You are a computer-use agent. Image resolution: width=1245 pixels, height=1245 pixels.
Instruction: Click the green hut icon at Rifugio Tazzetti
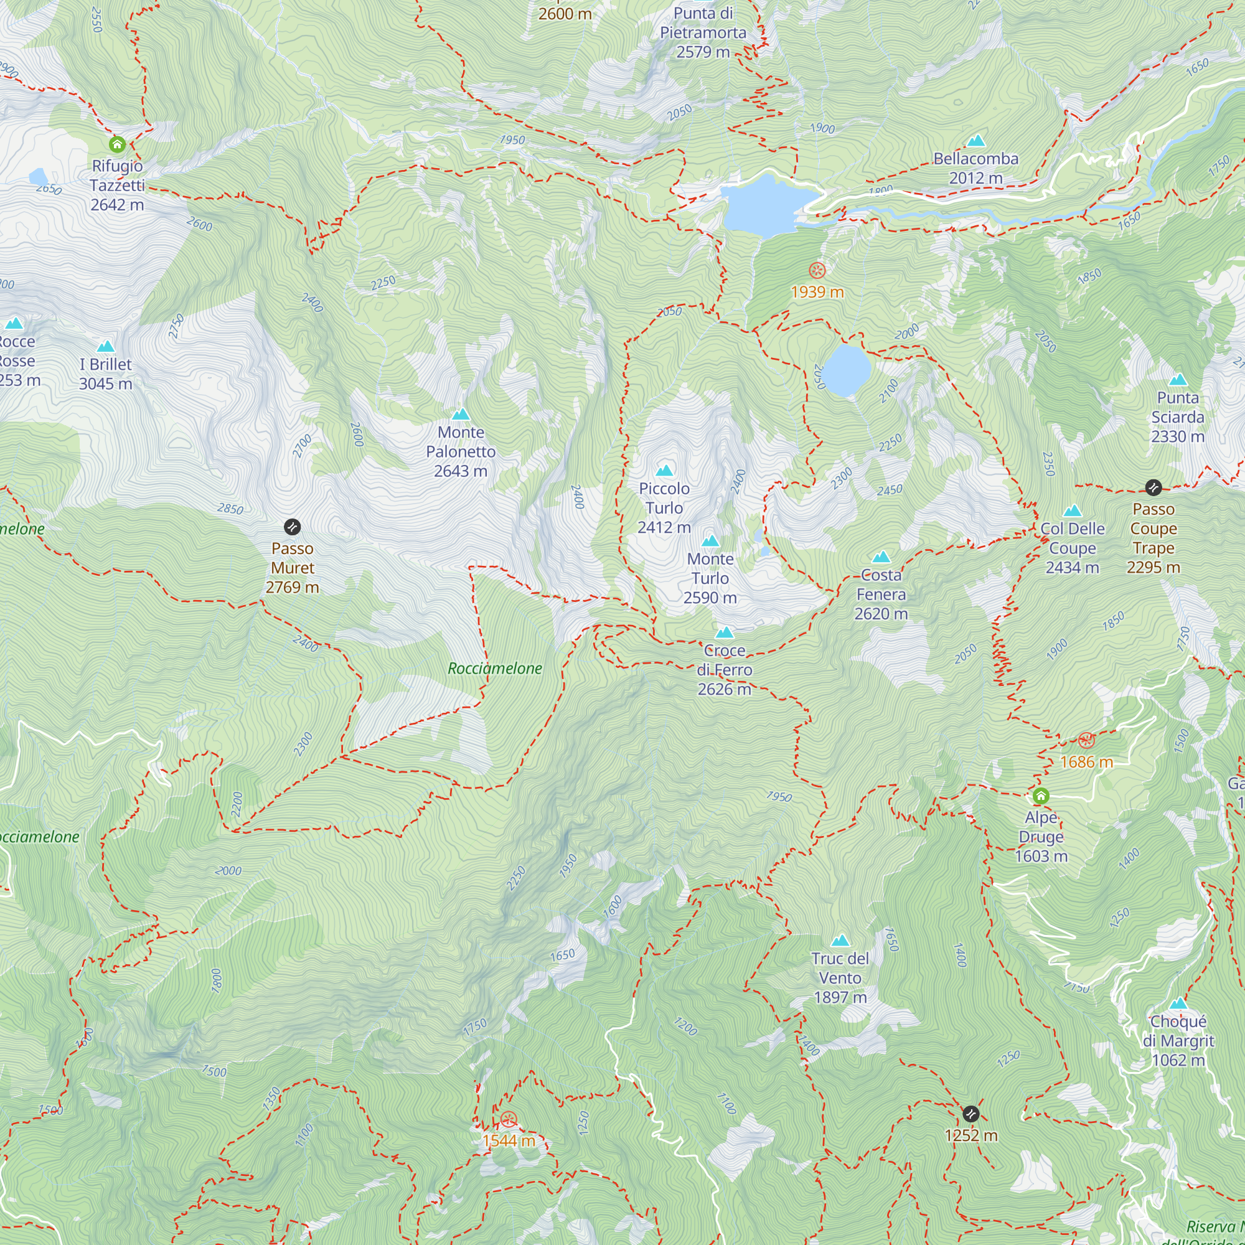pyautogui.click(x=116, y=144)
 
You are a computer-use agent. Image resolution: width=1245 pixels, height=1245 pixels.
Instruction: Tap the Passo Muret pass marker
pyautogui.click(x=292, y=527)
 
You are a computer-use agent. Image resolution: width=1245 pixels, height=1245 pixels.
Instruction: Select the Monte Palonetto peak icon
pyautogui.click(x=460, y=415)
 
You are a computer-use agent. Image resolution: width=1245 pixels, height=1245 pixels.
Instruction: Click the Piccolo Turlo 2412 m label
pyautogui.click(x=664, y=508)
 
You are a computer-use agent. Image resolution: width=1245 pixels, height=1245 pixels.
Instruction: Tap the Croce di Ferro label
pyautogui.click(x=725, y=670)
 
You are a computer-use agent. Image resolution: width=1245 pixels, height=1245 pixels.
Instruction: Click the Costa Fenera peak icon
pyautogui.click(x=881, y=556)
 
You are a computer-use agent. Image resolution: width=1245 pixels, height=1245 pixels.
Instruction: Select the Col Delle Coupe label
pyautogui.click(x=1073, y=548)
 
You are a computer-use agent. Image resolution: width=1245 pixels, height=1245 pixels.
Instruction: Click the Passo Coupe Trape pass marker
pyautogui.click(x=1153, y=487)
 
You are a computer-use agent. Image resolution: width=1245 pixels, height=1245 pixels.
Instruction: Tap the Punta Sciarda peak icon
pyautogui.click(x=1178, y=380)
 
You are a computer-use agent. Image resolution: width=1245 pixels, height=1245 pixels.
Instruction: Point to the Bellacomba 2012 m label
pyautogui.click(x=975, y=167)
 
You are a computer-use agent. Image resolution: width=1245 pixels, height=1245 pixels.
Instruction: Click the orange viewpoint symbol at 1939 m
pyautogui.click(x=817, y=270)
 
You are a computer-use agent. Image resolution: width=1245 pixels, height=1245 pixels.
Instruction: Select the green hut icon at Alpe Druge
pyautogui.click(x=1041, y=796)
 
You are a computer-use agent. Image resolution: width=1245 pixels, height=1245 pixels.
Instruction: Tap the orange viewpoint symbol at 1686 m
pyautogui.click(x=1086, y=740)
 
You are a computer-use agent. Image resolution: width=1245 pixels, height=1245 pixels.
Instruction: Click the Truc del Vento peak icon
pyautogui.click(x=840, y=941)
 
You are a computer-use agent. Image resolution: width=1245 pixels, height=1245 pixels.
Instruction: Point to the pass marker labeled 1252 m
pyautogui.click(x=970, y=1113)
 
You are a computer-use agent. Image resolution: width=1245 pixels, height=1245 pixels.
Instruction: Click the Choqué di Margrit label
pyautogui.click(x=1178, y=1040)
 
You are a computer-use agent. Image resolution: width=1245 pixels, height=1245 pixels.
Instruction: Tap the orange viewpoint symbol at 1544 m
pyautogui.click(x=509, y=1119)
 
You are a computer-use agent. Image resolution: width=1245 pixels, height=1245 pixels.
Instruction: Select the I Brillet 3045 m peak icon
pyautogui.click(x=105, y=347)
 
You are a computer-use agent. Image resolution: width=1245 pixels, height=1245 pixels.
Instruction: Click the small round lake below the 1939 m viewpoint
pyautogui.click(x=846, y=370)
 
